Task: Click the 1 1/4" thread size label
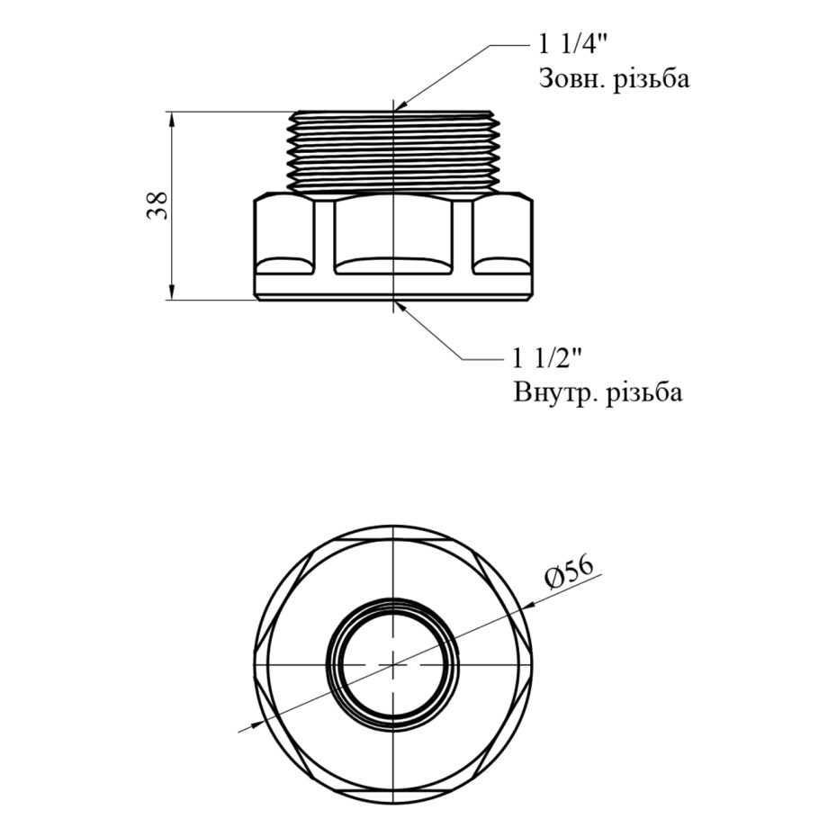[573, 45]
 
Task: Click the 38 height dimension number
[158, 205]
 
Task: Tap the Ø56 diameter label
[569, 574]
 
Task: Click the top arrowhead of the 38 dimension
[172, 120]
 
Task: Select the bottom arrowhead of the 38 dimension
[172, 292]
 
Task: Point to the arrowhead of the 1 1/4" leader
[400, 106]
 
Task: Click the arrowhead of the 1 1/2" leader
[400, 306]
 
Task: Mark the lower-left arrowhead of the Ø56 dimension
[257, 724]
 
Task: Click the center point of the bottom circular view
[393, 664]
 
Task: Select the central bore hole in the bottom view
[393, 664]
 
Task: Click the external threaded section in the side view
[393, 150]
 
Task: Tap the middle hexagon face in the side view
[393, 237]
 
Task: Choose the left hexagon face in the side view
[284, 237]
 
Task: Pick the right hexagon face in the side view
[503, 237]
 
